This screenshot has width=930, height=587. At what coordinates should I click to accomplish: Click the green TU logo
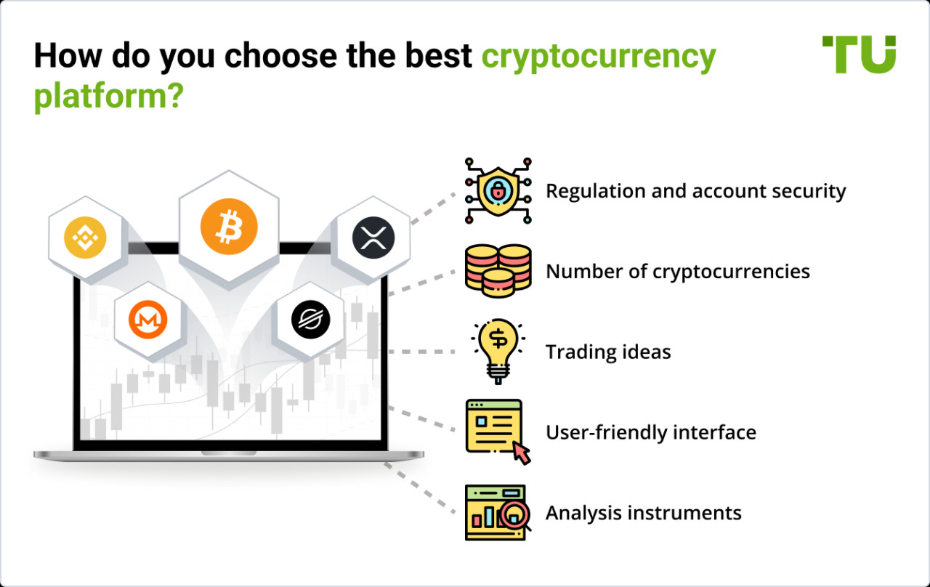[x=859, y=54]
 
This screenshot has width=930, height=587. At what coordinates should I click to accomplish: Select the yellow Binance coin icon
[x=85, y=237]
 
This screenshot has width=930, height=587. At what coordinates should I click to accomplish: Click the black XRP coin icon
[x=373, y=238]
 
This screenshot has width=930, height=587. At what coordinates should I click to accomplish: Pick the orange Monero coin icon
[x=148, y=320]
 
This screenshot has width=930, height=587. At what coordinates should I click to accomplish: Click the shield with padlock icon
[x=498, y=190]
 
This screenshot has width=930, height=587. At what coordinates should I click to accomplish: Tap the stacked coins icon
[x=498, y=271]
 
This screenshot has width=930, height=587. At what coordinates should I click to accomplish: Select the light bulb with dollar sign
[x=498, y=350]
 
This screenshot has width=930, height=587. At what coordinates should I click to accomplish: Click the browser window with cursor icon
[x=498, y=432]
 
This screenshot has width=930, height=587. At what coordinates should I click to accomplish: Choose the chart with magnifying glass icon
[x=498, y=513]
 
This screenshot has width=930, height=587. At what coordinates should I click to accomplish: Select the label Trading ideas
[x=608, y=352]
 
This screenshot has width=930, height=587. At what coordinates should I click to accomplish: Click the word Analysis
[x=584, y=513]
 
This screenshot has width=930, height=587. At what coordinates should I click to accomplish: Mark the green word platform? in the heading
[x=108, y=96]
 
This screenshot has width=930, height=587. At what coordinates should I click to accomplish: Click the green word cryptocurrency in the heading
[x=599, y=57]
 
